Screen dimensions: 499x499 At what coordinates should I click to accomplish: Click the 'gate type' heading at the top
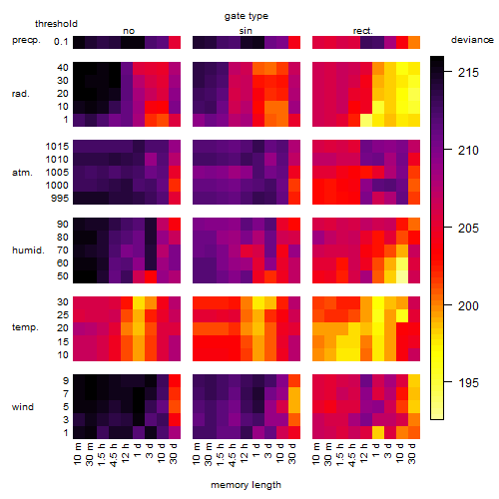pyautogui.click(x=247, y=16)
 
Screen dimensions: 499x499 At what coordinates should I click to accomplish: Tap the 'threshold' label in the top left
pyautogui.click(x=56, y=24)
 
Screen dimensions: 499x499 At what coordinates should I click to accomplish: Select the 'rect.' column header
pyautogui.click(x=363, y=31)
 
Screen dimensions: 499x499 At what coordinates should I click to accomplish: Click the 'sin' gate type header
pyautogui.click(x=246, y=31)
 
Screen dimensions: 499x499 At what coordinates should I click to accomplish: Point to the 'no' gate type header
pyautogui.click(x=129, y=31)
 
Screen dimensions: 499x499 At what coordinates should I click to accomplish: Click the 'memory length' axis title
pyautogui.click(x=246, y=485)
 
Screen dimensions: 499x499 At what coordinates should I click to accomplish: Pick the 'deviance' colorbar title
pyautogui.click(x=472, y=40)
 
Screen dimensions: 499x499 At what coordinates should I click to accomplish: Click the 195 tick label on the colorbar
pyautogui.click(x=468, y=382)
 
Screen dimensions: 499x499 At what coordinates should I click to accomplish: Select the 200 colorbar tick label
pyautogui.click(x=468, y=305)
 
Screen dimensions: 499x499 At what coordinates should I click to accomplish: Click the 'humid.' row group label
pyautogui.click(x=28, y=250)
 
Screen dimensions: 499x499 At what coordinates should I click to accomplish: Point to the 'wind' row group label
pyautogui.click(x=23, y=407)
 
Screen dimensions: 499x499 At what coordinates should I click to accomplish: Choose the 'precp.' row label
pyautogui.click(x=26, y=40)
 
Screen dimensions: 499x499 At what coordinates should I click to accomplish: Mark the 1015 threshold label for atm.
pyautogui.click(x=57, y=146)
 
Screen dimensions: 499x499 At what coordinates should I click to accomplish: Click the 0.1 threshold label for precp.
pyautogui.click(x=61, y=42)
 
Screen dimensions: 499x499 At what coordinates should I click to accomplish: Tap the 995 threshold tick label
pyautogui.click(x=60, y=199)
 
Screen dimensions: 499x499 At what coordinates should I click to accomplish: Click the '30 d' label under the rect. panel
pyautogui.click(x=412, y=453)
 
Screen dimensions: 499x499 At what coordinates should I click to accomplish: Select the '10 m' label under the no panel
pyautogui.click(x=77, y=454)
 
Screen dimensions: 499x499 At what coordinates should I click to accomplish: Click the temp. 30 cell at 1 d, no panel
pyautogui.click(x=139, y=302)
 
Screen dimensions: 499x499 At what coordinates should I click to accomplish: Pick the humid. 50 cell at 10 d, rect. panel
pyautogui.click(x=402, y=276)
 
